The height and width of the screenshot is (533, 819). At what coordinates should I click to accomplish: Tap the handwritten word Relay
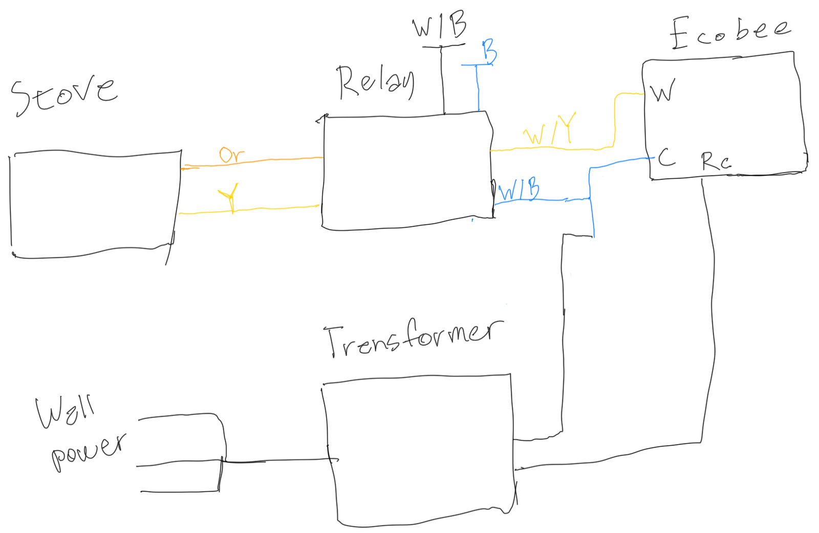point(375,82)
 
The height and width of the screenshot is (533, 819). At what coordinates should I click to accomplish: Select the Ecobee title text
point(730,32)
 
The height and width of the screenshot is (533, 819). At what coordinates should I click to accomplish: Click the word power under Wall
point(88,451)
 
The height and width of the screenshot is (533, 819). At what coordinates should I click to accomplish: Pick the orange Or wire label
point(231,154)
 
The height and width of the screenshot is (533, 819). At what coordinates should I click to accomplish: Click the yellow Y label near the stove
point(229,197)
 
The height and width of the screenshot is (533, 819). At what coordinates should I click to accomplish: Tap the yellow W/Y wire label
point(549,130)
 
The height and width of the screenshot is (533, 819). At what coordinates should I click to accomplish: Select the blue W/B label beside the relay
point(519,189)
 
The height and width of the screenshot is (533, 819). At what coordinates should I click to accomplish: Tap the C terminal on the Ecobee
point(666,158)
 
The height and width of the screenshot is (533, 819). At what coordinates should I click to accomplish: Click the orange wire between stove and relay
point(266,161)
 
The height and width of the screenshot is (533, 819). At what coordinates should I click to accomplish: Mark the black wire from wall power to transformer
point(276,461)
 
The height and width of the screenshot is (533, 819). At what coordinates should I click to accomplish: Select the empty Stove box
point(95,205)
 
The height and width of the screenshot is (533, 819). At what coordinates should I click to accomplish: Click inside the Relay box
point(407,171)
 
